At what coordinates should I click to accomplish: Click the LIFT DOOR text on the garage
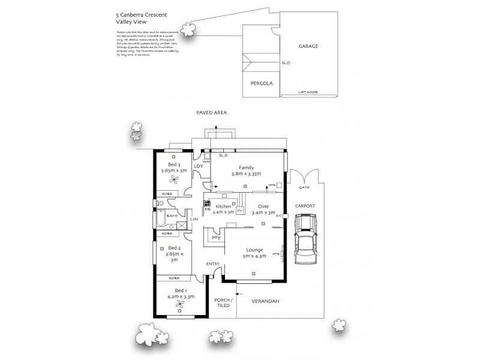308,92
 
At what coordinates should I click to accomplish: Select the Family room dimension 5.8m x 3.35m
245,175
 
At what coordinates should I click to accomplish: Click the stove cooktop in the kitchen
208,203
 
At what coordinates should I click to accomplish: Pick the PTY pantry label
217,238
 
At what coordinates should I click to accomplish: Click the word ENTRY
213,264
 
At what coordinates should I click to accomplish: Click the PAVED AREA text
211,112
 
